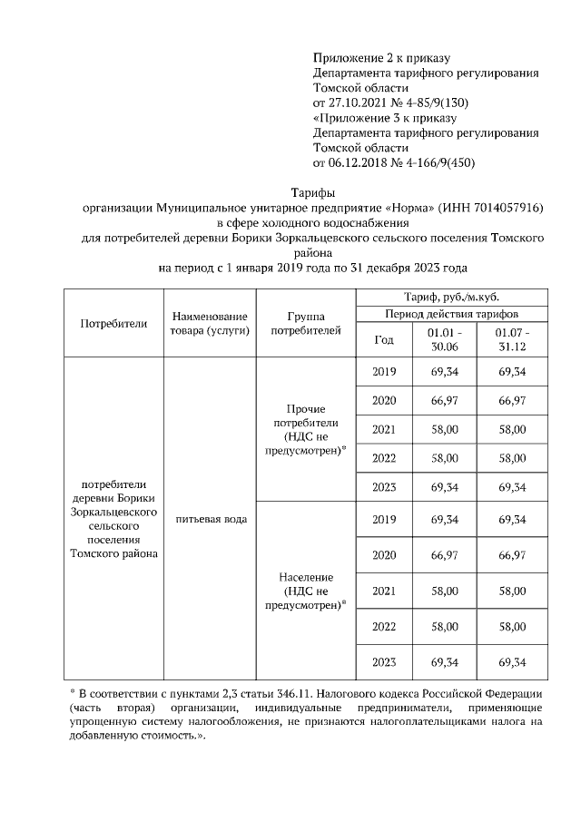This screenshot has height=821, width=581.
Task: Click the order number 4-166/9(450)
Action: [435, 162]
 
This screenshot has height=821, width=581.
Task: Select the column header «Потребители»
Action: [113, 323]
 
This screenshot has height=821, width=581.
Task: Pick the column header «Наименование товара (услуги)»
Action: [209, 323]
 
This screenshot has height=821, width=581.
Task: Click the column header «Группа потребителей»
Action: [306, 323]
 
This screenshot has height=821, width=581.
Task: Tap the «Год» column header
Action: [384, 340]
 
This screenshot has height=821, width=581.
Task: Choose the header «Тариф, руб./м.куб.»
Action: [450, 298]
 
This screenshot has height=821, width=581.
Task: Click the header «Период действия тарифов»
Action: [450, 314]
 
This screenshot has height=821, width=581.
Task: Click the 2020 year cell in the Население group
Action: [384, 554]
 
